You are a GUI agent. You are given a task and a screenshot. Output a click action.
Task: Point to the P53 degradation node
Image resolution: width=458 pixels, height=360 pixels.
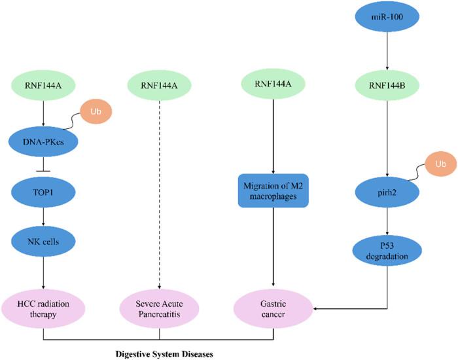[x=389, y=250]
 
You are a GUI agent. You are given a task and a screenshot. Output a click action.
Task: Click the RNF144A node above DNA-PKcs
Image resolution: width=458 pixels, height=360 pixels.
[x=43, y=83]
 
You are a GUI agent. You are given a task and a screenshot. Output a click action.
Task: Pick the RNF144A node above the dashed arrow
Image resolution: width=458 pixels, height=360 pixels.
[x=159, y=83]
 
